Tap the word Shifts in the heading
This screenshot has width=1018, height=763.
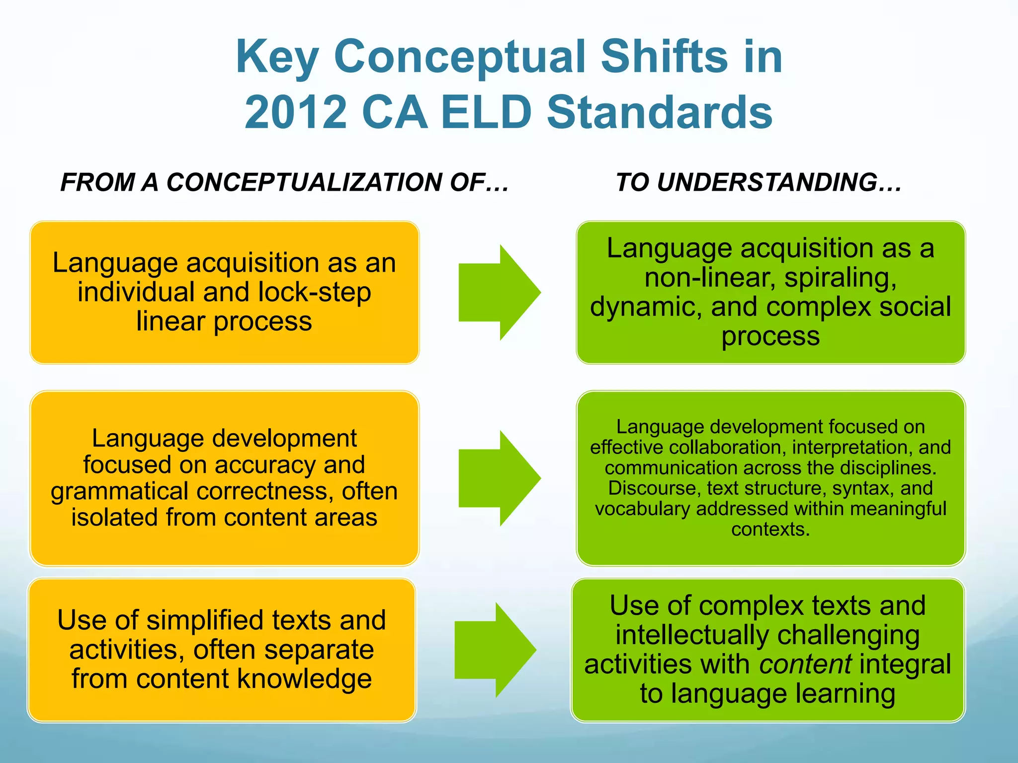664,57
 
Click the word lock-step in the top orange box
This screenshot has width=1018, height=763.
314,292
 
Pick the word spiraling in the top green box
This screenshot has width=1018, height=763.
840,277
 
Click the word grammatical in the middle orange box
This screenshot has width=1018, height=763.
120,491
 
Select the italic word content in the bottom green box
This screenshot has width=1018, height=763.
805,665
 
